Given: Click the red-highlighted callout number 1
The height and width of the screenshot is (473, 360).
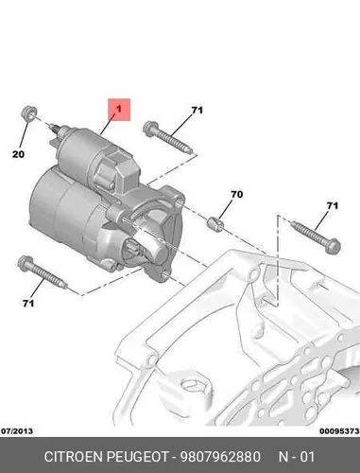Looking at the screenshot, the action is [x=119, y=110].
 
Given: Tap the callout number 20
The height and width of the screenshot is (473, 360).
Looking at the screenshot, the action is [x=18, y=154].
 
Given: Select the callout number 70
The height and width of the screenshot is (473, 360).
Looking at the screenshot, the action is [x=237, y=194].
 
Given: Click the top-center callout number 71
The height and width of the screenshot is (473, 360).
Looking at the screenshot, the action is [x=197, y=110].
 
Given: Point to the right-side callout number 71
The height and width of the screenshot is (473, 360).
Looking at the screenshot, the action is [x=333, y=205].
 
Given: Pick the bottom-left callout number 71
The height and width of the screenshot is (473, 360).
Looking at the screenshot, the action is [x=28, y=303].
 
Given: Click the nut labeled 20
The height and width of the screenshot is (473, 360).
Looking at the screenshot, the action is [x=29, y=114].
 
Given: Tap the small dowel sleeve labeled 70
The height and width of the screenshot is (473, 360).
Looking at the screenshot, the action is [x=215, y=223].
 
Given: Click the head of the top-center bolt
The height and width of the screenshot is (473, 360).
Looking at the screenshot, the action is [x=150, y=129].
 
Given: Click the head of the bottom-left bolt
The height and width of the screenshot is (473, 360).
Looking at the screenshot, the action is [x=26, y=263].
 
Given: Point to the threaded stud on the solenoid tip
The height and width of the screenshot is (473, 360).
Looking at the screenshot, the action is [x=56, y=128].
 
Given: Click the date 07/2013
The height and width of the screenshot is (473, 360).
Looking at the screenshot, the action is [x=17, y=430].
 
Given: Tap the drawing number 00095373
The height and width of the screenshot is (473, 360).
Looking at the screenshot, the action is [x=339, y=430].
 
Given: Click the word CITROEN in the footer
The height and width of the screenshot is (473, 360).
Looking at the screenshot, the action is [x=74, y=457].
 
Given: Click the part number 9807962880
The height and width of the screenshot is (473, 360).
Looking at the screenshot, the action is [x=220, y=457].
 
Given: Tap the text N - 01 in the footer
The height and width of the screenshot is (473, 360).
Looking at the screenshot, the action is [x=297, y=457].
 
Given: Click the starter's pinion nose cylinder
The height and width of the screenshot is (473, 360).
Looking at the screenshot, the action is [x=157, y=249].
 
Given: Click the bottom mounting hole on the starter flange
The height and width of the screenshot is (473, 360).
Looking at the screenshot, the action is [x=163, y=276].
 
